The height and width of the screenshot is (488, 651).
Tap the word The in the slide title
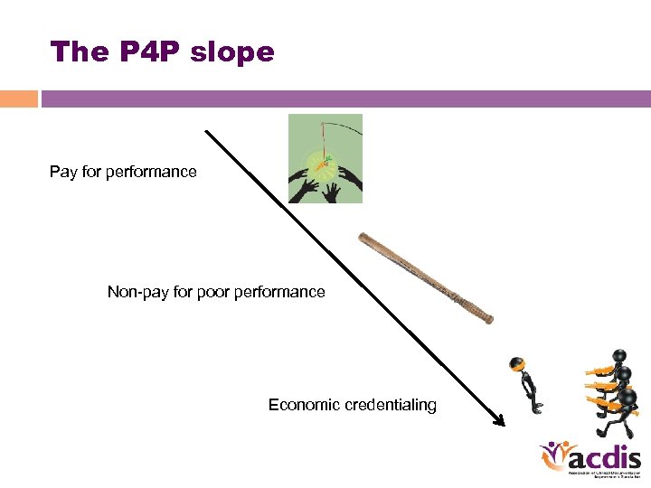(x=79, y=52)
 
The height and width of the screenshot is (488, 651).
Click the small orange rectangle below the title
(x=19, y=99)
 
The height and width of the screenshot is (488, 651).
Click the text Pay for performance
(x=123, y=172)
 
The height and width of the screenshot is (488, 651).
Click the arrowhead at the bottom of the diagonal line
(x=498, y=419)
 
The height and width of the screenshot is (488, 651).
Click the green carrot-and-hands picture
(x=325, y=158)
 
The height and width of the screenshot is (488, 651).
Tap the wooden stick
(x=424, y=277)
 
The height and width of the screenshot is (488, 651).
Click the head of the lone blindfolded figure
(x=516, y=364)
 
